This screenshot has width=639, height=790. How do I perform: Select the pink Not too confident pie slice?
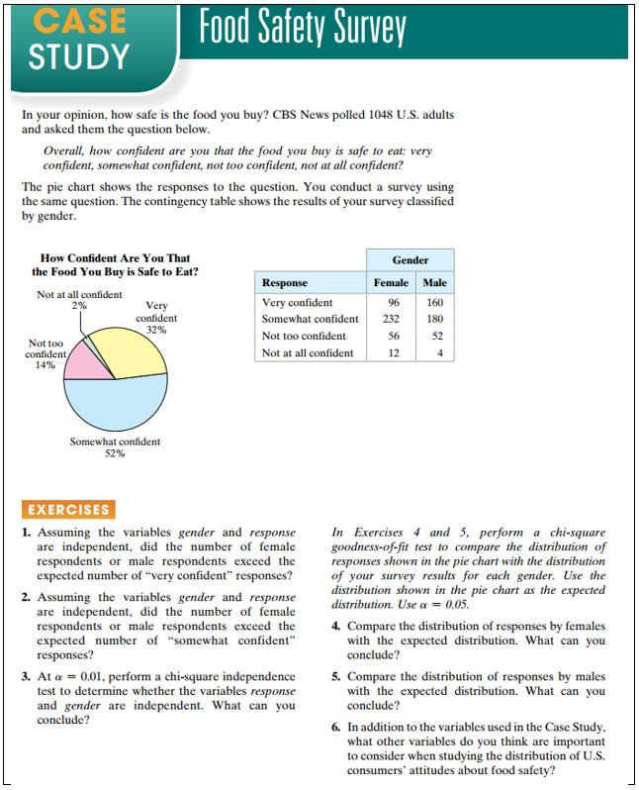[84, 364]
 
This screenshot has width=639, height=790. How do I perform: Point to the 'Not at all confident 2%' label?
[79, 300]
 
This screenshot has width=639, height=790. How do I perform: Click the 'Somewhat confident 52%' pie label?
[115, 447]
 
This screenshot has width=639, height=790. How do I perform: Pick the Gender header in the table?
[410, 260]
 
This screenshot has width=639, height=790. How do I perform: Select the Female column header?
[392, 282]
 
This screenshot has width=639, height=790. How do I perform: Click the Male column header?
[434, 282]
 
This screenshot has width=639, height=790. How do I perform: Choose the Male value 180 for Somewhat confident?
[434, 319]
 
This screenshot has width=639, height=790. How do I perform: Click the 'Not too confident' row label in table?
[304, 336]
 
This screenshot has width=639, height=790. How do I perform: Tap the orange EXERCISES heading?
[69, 510]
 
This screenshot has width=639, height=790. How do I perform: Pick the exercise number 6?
[336, 727]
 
